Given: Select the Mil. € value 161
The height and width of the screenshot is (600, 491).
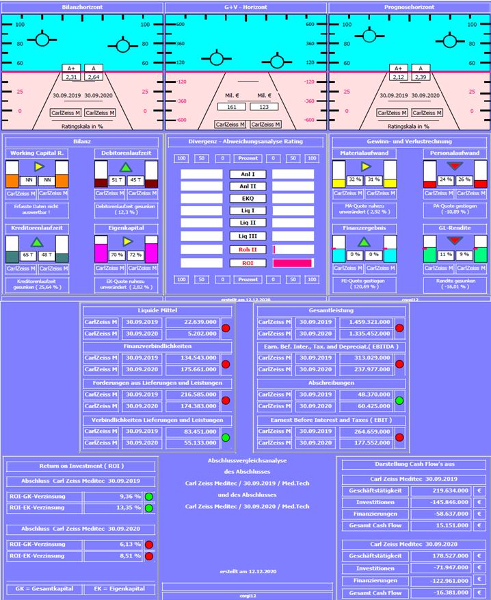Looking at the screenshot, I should pyautogui.click(x=231, y=107).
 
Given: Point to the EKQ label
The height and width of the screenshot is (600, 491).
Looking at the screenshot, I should pyautogui.click(x=243, y=199).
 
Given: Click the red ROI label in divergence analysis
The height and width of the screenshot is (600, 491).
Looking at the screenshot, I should pyautogui.click(x=243, y=263).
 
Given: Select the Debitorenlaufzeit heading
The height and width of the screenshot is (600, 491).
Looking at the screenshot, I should pyautogui.click(x=126, y=152).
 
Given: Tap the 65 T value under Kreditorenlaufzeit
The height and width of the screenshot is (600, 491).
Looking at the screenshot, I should pyautogui.click(x=28, y=254).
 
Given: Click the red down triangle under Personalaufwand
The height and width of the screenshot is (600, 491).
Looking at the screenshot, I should pyautogui.click(x=454, y=166).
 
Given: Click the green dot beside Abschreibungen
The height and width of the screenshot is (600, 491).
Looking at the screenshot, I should pyautogui.click(x=399, y=400).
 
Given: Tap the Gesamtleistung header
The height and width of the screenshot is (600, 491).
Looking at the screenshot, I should pyautogui.click(x=329, y=311).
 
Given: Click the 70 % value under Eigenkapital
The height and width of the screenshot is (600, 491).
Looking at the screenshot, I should pyautogui.click(x=116, y=254).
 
